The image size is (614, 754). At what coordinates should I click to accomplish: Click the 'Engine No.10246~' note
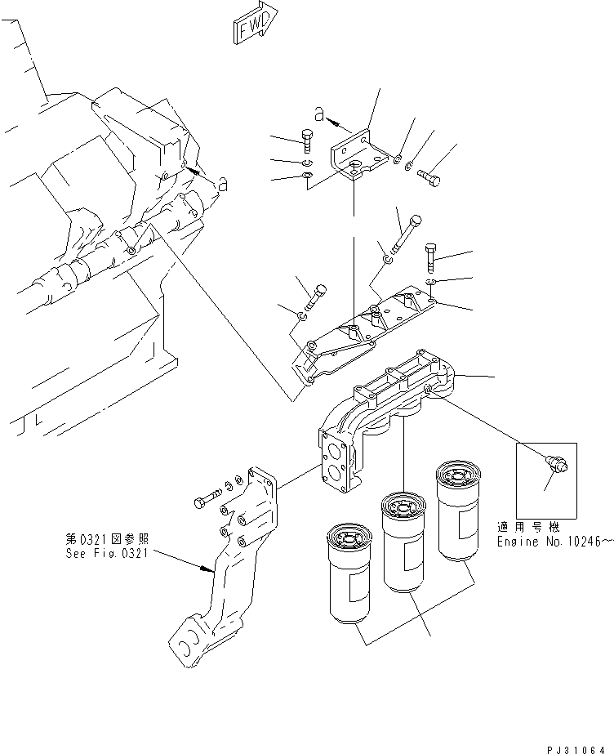tap(554, 542)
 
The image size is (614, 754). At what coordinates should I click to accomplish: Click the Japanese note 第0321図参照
tap(109, 539)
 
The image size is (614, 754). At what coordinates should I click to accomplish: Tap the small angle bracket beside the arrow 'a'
tap(355, 159)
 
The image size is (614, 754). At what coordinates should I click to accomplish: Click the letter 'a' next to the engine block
tap(221, 185)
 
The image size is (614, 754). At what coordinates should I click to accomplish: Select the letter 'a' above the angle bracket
tap(320, 114)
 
